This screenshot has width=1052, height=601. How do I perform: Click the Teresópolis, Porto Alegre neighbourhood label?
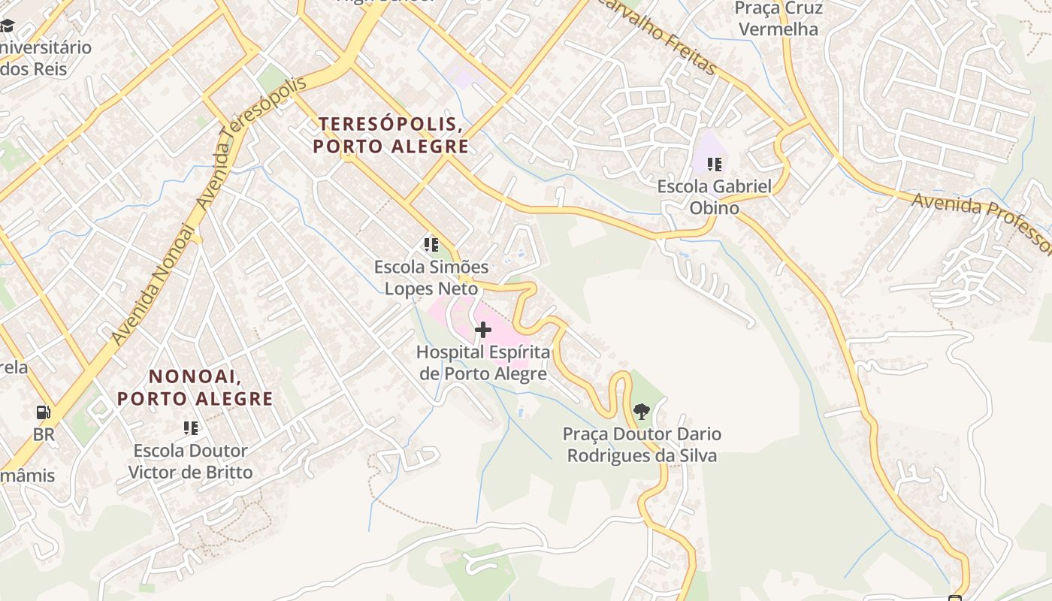[391, 134]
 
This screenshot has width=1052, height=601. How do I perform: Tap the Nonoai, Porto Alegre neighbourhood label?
[195, 387]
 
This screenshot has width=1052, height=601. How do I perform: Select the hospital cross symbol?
[482, 330]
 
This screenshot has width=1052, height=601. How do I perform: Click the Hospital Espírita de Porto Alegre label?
[483, 363]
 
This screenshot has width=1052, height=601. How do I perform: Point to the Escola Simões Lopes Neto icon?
[431, 245]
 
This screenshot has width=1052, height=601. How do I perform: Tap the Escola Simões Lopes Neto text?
[431, 277]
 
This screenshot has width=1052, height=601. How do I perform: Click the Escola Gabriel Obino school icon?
[714, 164]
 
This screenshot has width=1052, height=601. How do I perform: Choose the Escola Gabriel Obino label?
[714, 197]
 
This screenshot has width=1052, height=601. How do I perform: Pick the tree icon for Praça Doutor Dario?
[641, 411]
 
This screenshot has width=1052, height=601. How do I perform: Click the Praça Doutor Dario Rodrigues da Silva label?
[642, 445]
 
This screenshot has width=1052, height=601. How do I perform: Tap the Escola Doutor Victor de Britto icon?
[191, 428]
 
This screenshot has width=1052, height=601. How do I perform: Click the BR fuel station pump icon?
[44, 412]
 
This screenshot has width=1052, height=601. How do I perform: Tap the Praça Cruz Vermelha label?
[778, 19]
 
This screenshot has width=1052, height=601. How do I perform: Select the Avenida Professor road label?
[981, 223]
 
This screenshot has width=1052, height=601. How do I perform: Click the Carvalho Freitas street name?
[655, 36]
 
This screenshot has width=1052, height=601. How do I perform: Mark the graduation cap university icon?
[7, 26]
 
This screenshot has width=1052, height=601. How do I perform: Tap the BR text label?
[44, 435]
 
